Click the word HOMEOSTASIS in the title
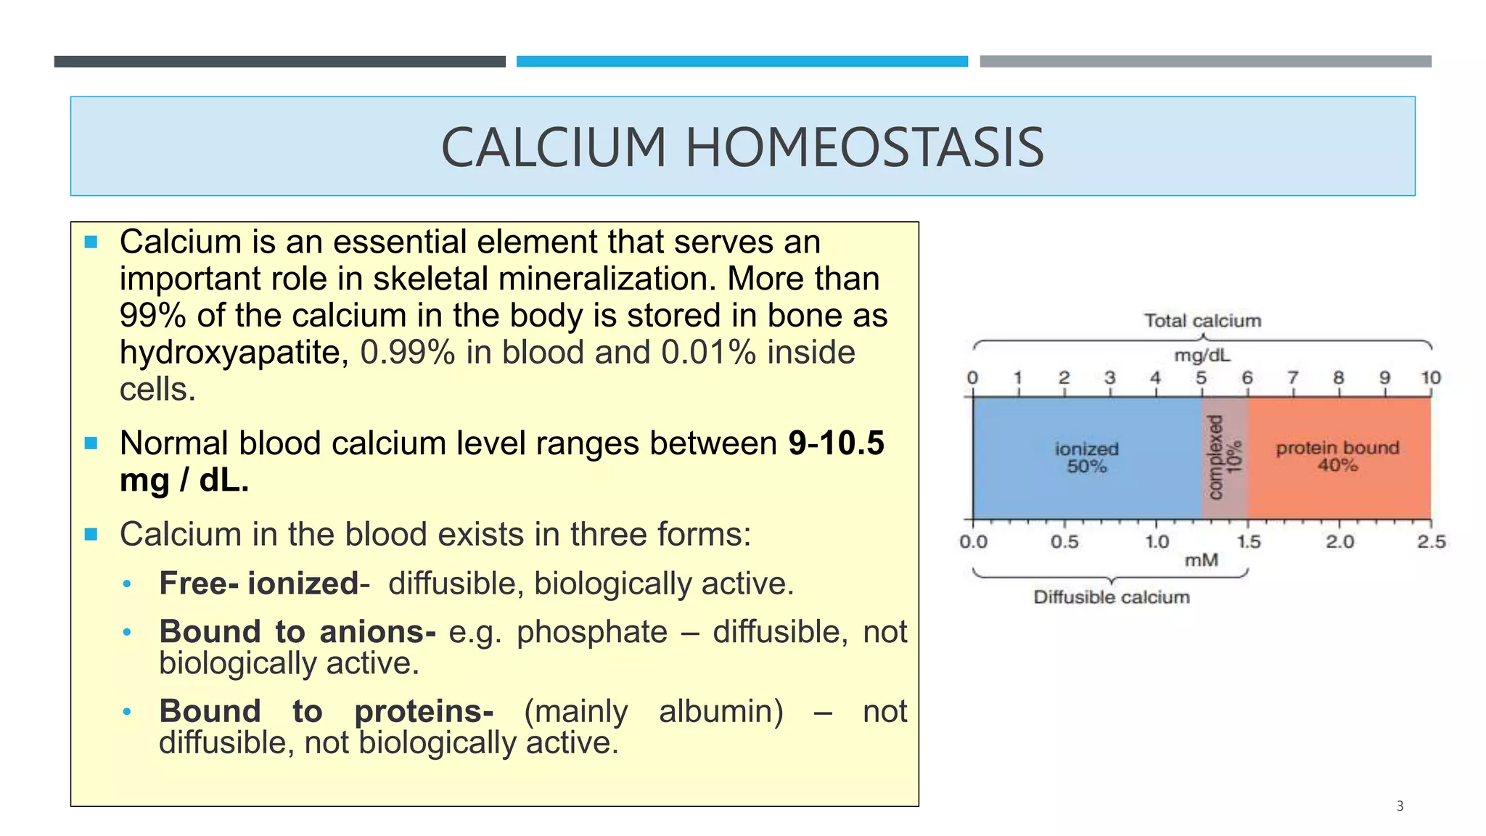coord(864,147)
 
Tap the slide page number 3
coord(1400,806)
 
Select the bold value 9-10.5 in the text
coord(836,443)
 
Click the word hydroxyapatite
coord(230,353)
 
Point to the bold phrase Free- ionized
coord(259,583)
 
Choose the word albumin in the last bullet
coord(721,711)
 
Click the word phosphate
coord(591,632)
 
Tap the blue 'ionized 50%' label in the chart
coord(1086,457)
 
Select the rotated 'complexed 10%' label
coord(1225,457)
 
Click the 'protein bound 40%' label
coord(1337,456)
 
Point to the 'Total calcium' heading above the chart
coord(1202,321)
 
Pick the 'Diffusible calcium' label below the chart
coord(1112,597)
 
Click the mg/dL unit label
coord(1202,356)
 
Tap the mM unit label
coord(1201,560)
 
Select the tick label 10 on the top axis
coord(1430,378)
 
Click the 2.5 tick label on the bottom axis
coord(1431,542)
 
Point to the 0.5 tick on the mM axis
coord(1064,542)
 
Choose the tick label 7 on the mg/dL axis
coord(1293,378)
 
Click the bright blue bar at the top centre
coord(742,62)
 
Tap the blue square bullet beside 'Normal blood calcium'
coord(91,443)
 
